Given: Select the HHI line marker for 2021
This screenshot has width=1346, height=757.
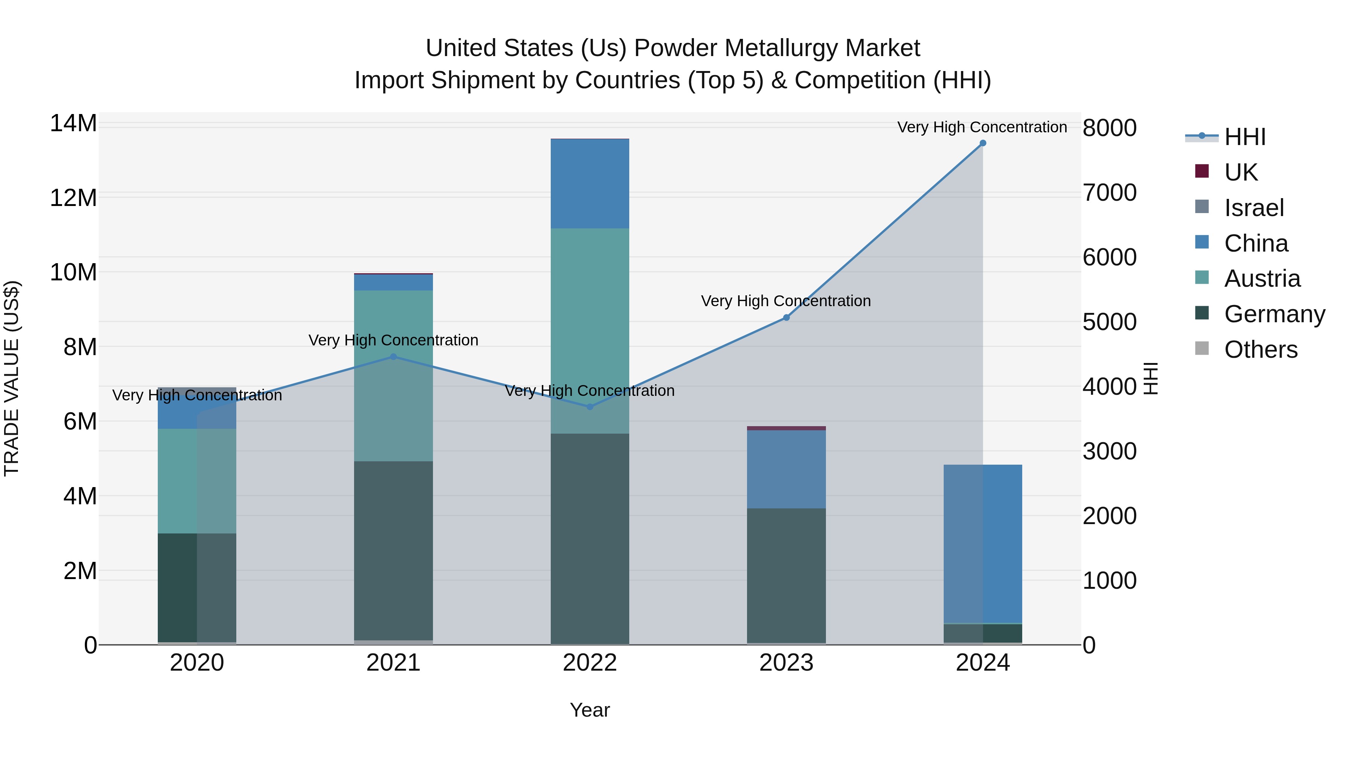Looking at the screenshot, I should tap(393, 357).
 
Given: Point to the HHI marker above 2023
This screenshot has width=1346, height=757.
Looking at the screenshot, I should tap(786, 318).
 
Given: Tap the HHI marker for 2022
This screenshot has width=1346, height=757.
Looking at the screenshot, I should tap(590, 406).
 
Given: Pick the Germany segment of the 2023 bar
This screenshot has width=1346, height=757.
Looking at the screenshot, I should tap(786, 575).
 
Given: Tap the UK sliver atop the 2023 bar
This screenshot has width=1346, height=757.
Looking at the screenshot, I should tap(786, 428).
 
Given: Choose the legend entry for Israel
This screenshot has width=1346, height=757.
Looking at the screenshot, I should tap(1254, 208).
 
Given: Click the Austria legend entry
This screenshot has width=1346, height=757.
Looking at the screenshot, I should tap(1262, 279).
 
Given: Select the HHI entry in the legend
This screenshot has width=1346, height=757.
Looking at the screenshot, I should tap(1245, 137).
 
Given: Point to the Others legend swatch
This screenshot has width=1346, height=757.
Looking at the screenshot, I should tap(1202, 348).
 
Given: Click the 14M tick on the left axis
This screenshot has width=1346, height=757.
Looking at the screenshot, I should tap(73, 124).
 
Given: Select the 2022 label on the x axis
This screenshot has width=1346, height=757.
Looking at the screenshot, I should tap(590, 663).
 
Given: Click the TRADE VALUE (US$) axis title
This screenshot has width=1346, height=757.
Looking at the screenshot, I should tap(12, 378).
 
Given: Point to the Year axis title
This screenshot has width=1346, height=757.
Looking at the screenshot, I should tap(590, 710).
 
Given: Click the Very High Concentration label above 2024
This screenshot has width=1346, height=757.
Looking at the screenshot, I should tap(982, 127).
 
